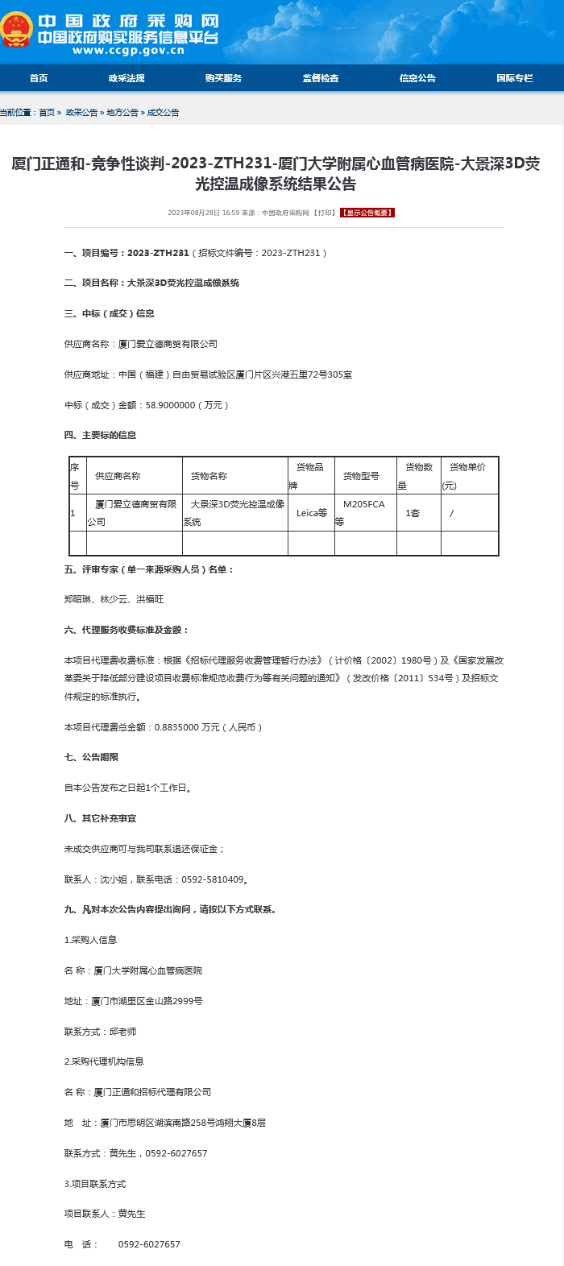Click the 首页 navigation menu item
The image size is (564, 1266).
39,78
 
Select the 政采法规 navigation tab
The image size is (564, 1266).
126,78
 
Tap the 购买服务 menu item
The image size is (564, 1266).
223,78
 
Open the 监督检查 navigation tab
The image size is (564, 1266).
321,78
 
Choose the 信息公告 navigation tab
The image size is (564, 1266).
417,78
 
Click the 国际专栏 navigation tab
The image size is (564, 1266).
514,78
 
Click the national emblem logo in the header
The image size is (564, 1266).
16,30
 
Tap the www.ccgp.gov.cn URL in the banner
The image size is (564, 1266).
128,51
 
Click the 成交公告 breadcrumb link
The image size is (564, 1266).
164,113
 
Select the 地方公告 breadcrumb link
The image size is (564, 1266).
122,113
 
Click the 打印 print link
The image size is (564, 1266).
325,213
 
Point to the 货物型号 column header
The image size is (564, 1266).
361,476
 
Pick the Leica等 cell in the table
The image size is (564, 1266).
312,513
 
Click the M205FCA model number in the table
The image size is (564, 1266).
364,504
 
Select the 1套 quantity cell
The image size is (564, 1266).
413,513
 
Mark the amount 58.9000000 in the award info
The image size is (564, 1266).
171,405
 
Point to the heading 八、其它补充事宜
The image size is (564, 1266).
101,818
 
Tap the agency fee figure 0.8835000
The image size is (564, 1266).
176,727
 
